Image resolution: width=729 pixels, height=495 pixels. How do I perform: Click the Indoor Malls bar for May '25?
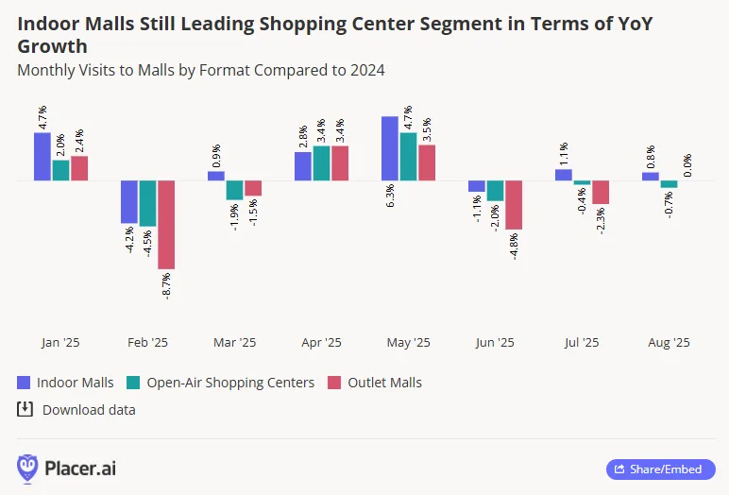click(x=389, y=148)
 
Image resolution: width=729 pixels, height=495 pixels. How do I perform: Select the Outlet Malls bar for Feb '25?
click(x=166, y=225)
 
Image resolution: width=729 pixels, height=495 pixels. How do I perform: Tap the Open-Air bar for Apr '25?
click(x=321, y=162)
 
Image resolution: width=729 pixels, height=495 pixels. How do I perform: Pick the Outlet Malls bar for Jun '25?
click(x=514, y=205)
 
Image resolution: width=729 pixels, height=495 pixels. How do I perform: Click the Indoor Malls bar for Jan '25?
click(x=42, y=156)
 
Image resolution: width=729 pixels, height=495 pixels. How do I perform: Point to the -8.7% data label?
click(x=167, y=286)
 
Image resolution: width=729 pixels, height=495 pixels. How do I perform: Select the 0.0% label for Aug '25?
click(x=687, y=165)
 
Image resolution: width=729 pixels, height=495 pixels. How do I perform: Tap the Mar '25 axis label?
click(x=234, y=343)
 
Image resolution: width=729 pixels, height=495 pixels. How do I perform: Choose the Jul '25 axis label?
click(x=582, y=343)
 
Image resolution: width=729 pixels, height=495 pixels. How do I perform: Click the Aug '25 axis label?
click(x=669, y=343)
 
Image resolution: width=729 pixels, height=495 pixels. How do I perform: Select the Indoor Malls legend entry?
click(x=65, y=383)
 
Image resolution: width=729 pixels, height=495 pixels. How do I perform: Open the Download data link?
click(x=76, y=410)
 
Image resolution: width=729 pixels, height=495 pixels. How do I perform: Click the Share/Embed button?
click(x=660, y=469)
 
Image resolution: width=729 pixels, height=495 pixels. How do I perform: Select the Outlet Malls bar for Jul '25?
click(x=601, y=192)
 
